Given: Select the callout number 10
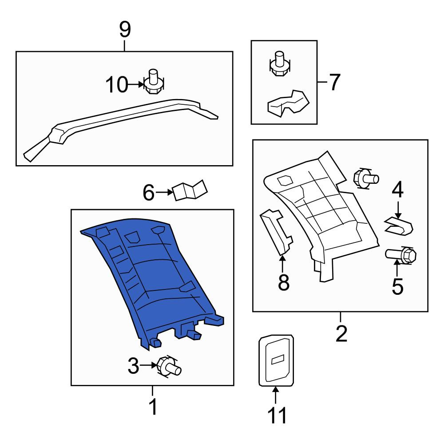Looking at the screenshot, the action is click(x=117, y=85).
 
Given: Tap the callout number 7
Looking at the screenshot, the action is click(x=334, y=82).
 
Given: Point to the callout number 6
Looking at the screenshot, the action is click(x=149, y=193).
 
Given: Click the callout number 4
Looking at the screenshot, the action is click(x=397, y=190).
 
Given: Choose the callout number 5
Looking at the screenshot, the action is click(x=397, y=286).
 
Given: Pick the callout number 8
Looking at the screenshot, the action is click(x=284, y=282).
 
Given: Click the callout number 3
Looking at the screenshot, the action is click(x=133, y=365).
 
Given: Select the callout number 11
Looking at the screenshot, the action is click(x=277, y=415).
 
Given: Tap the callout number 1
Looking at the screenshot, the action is click(x=153, y=407).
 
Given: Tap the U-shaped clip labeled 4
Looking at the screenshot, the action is click(x=399, y=226).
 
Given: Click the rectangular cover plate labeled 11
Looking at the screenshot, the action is click(x=276, y=360).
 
